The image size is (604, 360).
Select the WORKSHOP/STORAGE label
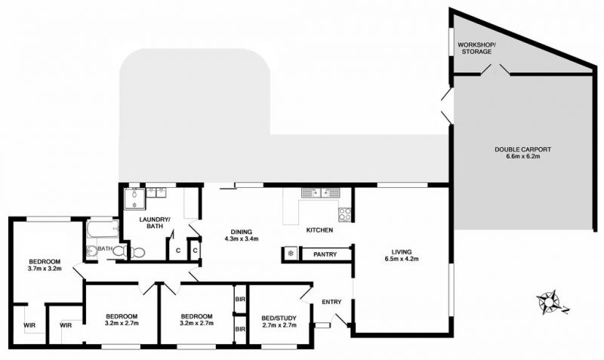click(476, 48)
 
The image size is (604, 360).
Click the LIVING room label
click(402, 252)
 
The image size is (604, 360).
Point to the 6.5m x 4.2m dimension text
click(402, 259)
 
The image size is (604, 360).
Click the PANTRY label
click(325, 254)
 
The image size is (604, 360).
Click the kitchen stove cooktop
click(345, 214)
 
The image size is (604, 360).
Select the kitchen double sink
click(320, 192)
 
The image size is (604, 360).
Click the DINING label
click(242, 232)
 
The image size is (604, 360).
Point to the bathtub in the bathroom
click(103, 229)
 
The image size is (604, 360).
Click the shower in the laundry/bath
click(135, 198)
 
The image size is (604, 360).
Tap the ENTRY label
click(331, 302)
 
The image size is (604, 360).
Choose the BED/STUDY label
click(279, 318)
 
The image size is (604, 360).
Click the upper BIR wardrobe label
click(240, 299)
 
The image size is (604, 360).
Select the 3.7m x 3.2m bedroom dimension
click(45, 269)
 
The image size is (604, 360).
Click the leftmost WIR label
click(29, 325)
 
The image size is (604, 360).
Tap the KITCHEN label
click(319, 230)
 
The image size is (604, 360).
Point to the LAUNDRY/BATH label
click(155, 223)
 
